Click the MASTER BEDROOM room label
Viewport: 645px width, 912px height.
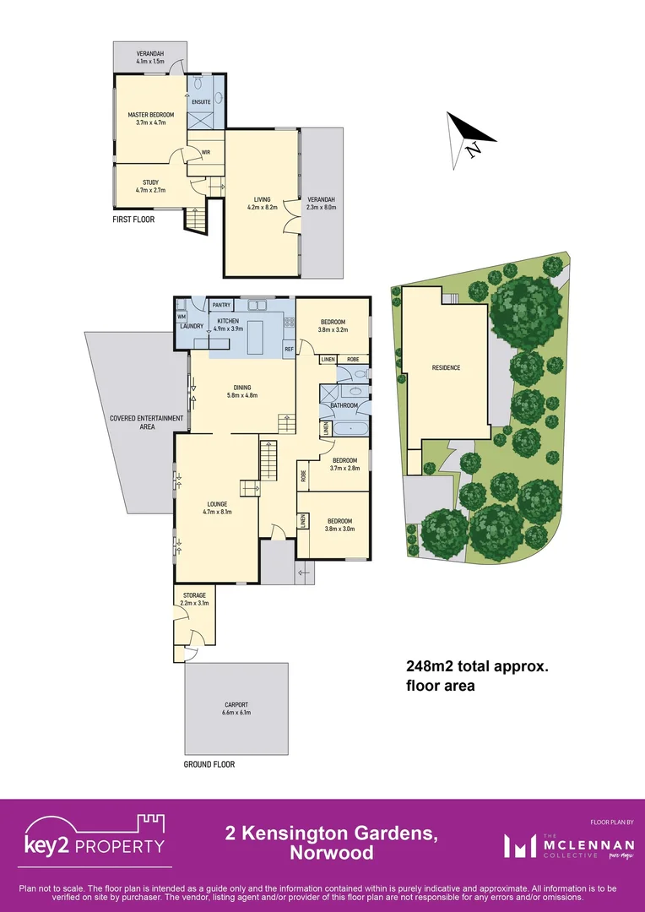click(x=150, y=118)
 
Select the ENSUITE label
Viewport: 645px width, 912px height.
click(x=201, y=101)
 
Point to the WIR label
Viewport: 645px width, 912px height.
click(x=205, y=153)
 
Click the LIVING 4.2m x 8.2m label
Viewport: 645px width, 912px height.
click(x=262, y=203)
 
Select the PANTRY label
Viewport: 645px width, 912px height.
click(x=222, y=306)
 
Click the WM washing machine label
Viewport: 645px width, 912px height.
click(x=182, y=317)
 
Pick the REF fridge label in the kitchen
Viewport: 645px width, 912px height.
click(x=288, y=349)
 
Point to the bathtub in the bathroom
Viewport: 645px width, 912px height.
click(x=350, y=430)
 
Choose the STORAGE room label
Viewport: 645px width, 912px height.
click(x=194, y=599)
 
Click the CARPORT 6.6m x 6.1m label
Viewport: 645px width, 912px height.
click(x=236, y=708)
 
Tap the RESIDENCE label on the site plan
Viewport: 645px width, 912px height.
click(x=446, y=368)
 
